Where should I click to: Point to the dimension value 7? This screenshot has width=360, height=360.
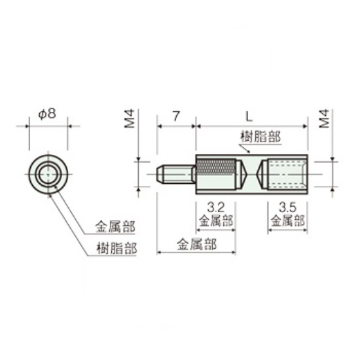pyautogui.click(x=176, y=117)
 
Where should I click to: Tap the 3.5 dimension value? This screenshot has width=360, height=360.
pyautogui.click(x=287, y=207)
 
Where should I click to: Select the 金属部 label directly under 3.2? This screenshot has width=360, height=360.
pyautogui.click(x=215, y=221)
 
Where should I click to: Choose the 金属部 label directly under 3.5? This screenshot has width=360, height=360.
pyautogui.click(x=287, y=221)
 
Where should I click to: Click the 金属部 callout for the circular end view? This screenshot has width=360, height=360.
pyautogui.click(x=115, y=227)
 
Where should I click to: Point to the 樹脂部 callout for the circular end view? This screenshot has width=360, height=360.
pyautogui.click(x=115, y=249)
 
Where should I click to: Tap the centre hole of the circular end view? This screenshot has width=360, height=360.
pyautogui.click(x=47, y=173)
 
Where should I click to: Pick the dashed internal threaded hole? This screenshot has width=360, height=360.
pyautogui.click(x=283, y=174)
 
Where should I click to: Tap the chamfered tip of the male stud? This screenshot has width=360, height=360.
pyautogui.click(x=160, y=174)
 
